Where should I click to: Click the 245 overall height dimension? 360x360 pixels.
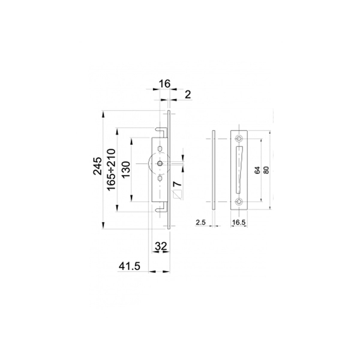coord(97,166)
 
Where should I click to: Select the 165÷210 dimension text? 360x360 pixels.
coord(111,169)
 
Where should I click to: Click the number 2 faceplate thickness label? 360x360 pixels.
coord(187,95)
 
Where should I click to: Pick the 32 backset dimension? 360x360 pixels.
coord(161,246)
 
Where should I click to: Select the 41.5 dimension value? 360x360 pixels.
coord(130,266)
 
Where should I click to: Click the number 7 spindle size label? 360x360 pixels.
coord(178,184)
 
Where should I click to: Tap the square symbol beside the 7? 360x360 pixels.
coord(178,195)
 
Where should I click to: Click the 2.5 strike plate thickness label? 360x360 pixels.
coord(201,222)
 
